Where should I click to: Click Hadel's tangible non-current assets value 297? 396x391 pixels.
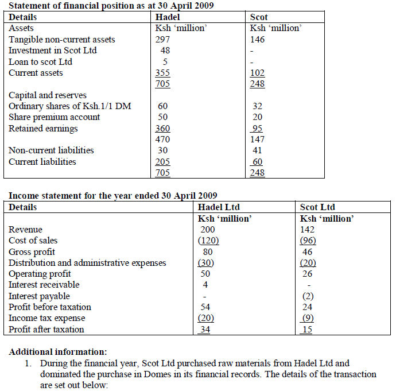pos(163,40)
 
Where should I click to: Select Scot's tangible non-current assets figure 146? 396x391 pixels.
pos(258,40)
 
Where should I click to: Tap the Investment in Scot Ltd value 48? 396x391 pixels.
pos(165,51)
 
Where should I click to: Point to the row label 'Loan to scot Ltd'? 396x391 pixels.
pos(40,61)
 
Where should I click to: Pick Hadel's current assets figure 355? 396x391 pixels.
pos(163,73)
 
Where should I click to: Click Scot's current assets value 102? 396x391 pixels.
pos(258,73)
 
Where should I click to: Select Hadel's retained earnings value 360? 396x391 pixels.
pos(163,128)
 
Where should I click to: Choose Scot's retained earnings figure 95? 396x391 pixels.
pos(258,128)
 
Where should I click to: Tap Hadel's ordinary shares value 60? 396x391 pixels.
pos(163,106)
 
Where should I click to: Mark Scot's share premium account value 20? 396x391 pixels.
pos(258,117)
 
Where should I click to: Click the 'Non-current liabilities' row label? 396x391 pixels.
pos(51,150)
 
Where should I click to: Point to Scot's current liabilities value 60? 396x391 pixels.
pos(258,161)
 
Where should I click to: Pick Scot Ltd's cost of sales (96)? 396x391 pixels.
pos(308,241)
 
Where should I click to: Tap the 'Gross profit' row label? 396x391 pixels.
pos(32,251)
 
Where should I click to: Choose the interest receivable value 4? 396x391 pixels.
pos(205,285)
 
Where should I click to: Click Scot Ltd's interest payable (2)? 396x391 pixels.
pos(308,296)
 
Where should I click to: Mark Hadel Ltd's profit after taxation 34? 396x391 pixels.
pos(205,329)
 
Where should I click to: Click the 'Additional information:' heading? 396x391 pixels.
pos(58,351)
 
